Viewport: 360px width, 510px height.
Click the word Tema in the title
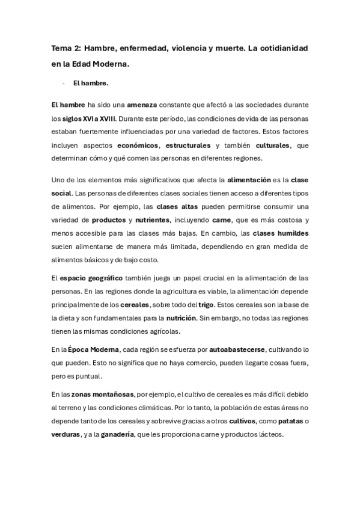(60, 47)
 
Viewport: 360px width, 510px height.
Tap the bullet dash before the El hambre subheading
(63, 84)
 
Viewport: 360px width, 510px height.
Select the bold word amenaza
(142, 105)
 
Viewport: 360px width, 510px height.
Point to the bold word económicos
(138, 146)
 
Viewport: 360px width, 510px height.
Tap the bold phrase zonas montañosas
(100, 394)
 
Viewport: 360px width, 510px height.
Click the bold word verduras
(66, 435)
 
